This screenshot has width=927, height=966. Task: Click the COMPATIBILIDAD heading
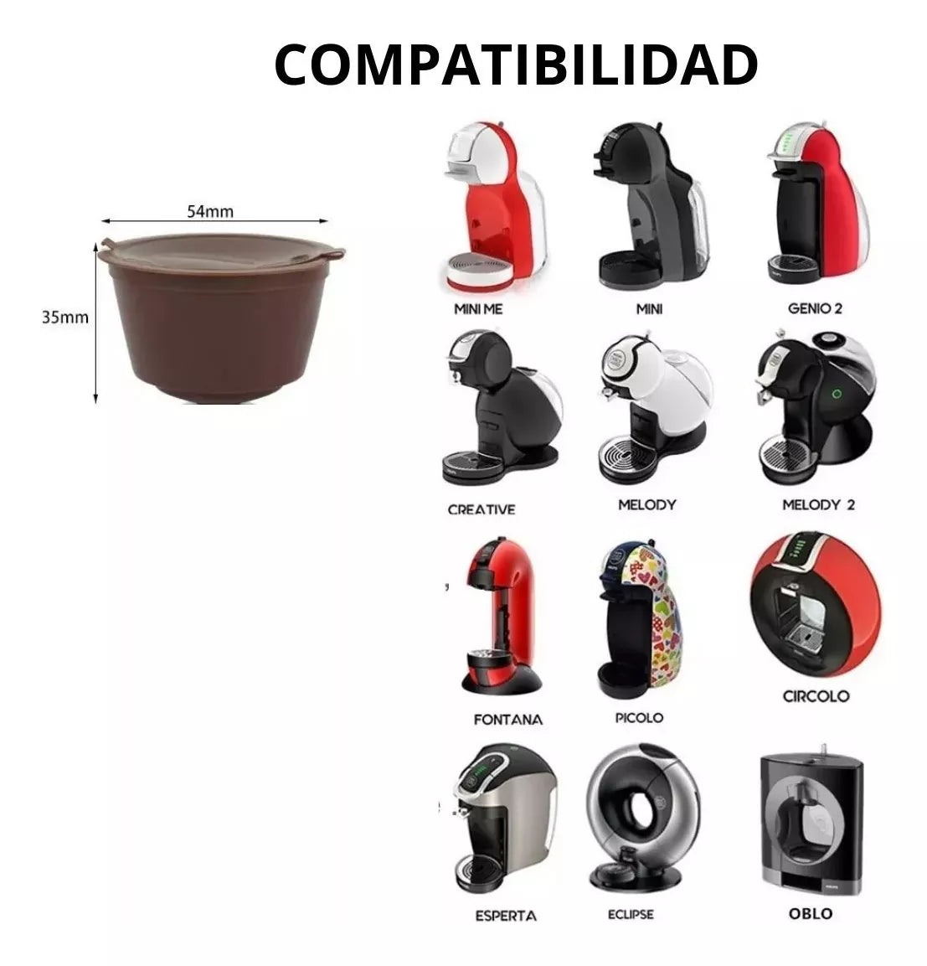click(x=516, y=65)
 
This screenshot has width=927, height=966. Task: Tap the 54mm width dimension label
click(x=210, y=211)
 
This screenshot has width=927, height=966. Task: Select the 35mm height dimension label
click(x=64, y=318)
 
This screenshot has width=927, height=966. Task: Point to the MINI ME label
click(x=478, y=308)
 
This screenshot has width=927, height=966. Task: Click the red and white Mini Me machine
click(x=492, y=206)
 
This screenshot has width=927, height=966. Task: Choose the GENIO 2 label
click(x=815, y=308)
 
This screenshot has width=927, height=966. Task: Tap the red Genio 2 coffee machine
click(x=817, y=204)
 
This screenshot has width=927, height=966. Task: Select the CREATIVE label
click(x=481, y=509)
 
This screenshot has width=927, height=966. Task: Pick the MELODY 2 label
click(x=819, y=504)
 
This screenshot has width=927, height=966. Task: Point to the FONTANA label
click(x=508, y=720)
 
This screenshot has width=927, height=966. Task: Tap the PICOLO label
click(x=639, y=718)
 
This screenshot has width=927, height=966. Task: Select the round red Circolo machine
click(x=815, y=605)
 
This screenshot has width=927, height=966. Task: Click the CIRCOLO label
click(x=816, y=696)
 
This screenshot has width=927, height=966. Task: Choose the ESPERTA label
click(x=506, y=916)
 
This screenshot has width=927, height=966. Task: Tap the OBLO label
click(x=811, y=913)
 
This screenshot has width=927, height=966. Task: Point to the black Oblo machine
click(x=811, y=820)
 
